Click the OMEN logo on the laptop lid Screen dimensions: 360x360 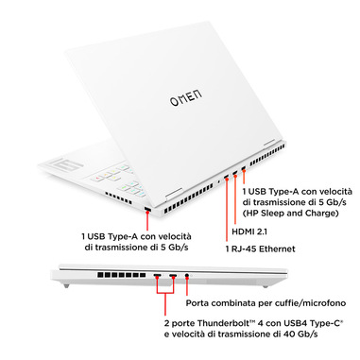click(186, 97)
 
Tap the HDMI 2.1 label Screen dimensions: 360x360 click(249, 231)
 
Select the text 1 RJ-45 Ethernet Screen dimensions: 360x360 click(261, 249)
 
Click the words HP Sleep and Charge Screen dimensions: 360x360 click(290, 213)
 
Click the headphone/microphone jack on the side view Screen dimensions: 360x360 click(187, 276)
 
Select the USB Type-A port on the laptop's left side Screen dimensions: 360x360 click(147, 210)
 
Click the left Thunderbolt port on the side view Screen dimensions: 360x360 click(158, 276)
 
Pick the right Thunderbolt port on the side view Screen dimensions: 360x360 click(173, 276)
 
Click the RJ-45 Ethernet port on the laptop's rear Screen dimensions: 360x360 click(226, 178)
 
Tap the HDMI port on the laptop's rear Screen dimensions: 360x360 click(235, 173)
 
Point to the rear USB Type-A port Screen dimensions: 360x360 click(243, 169)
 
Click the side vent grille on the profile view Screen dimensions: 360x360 click(121, 275)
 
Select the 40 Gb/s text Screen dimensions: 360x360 click(297, 334)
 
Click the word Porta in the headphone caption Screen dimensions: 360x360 click(197, 303)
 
